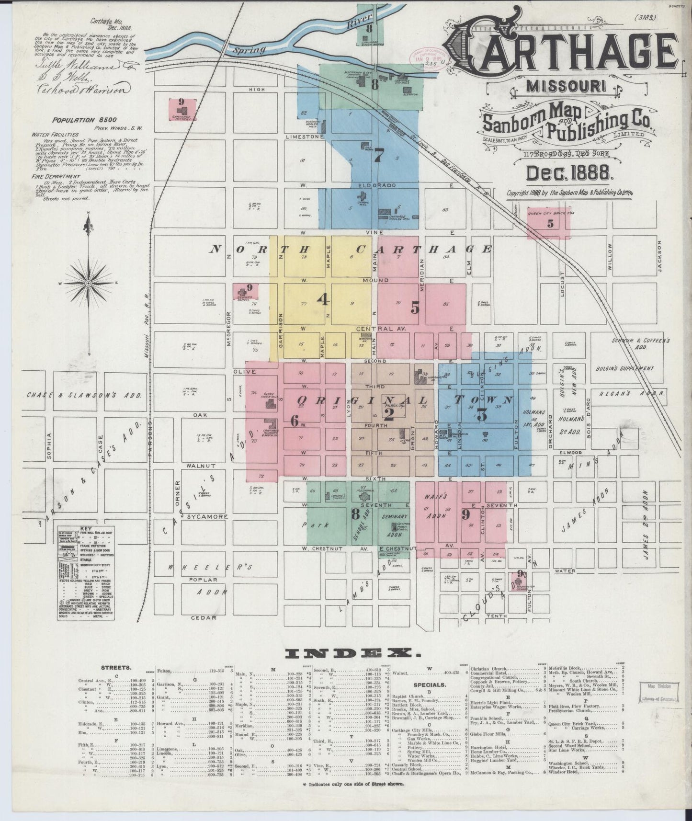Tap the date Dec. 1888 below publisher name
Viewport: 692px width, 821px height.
[x=567, y=173]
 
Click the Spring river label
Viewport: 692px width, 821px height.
[x=252, y=48]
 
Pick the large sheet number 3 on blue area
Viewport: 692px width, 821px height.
[x=481, y=415]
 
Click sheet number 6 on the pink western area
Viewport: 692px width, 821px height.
[x=294, y=421]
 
